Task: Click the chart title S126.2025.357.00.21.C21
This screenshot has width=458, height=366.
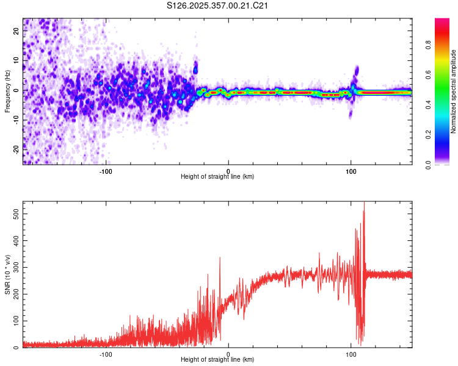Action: coord(218,6)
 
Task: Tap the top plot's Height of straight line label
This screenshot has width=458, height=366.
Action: coord(217,176)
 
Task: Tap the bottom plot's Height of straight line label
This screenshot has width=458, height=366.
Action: coord(217,359)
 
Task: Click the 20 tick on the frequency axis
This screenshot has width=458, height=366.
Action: coord(16,32)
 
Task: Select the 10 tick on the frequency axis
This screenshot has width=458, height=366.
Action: coord(16,61)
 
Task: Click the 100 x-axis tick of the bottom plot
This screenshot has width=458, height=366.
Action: coord(351,353)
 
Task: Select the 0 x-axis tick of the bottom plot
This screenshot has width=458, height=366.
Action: coord(228,353)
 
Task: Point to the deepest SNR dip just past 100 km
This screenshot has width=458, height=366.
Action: coord(361,344)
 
